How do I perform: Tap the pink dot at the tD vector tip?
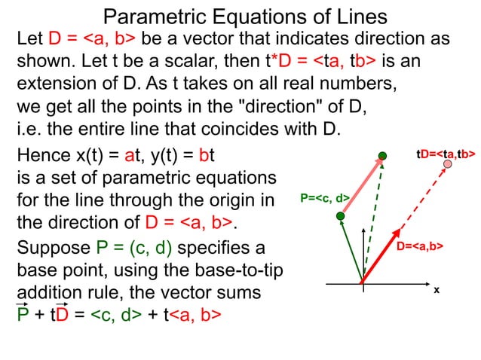pos(448,163)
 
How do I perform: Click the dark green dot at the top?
pos(383,156)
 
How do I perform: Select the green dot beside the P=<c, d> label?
pos(340,216)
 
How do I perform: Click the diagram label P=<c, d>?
pos(325,199)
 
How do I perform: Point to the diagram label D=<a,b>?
pos(420,246)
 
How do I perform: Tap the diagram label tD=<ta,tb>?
pos(446,154)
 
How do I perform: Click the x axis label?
pos(436,290)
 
